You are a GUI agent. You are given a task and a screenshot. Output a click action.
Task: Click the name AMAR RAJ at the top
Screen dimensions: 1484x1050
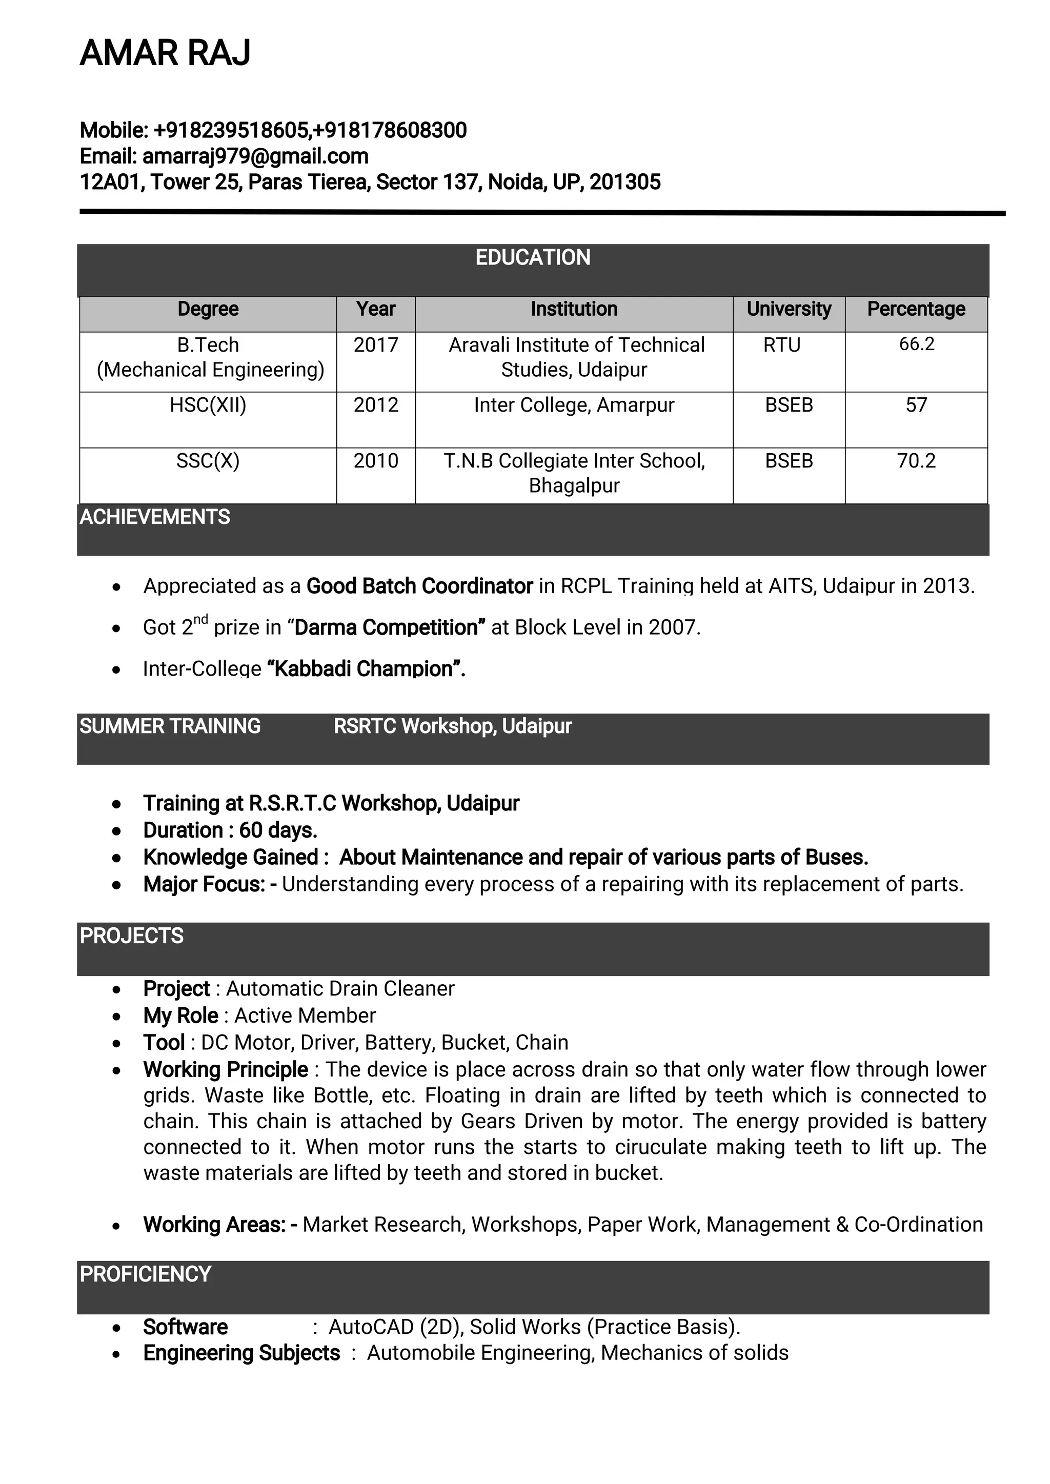(x=165, y=53)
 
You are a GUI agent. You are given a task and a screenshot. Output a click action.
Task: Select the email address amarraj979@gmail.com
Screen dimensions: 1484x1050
(x=255, y=156)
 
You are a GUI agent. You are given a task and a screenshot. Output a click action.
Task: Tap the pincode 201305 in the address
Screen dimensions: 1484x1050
(x=624, y=182)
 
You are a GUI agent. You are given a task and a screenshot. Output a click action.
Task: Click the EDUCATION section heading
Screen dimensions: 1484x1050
(x=533, y=258)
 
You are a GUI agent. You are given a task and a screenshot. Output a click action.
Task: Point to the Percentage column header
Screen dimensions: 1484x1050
(x=916, y=309)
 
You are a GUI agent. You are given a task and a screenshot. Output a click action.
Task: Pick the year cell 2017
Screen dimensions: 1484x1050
(x=376, y=345)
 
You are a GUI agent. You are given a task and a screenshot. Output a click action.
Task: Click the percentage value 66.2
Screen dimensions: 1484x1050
(x=916, y=344)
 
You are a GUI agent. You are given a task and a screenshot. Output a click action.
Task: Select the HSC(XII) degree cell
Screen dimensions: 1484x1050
(x=208, y=405)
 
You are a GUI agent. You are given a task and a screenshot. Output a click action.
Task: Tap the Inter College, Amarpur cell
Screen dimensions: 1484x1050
(x=574, y=405)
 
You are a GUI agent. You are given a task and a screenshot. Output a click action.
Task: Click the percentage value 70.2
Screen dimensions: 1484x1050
(x=916, y=461)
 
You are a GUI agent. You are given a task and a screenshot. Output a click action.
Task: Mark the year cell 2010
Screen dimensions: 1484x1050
(x=376, y=461)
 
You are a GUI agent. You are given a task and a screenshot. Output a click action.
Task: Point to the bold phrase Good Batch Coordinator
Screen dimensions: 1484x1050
(x=419, y=586)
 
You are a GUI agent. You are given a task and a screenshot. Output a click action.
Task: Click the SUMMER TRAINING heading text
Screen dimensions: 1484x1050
(x=170, y=726)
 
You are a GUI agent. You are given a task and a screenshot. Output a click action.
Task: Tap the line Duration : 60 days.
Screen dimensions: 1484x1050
(x=230, y=830)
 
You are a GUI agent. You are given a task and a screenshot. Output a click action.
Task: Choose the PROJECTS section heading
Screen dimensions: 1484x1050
(x=131, y=936)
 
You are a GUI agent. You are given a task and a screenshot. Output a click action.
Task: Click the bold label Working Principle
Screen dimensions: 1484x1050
(x=226, y=1070)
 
